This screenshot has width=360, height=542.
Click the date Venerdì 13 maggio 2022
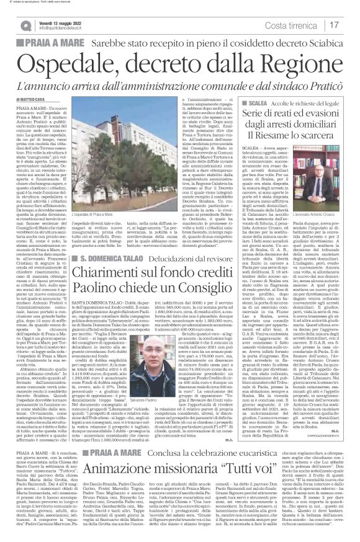63,21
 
